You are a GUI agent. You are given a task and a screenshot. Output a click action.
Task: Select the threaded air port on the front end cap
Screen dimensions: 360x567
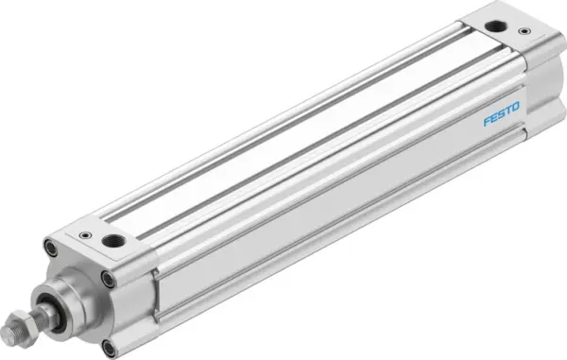click(x=114, y=240)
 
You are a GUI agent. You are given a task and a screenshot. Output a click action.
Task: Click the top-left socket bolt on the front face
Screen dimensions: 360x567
click(x=50, y=249)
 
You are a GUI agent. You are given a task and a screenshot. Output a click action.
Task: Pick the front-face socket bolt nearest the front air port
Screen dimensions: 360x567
click(x=110, y=280)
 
